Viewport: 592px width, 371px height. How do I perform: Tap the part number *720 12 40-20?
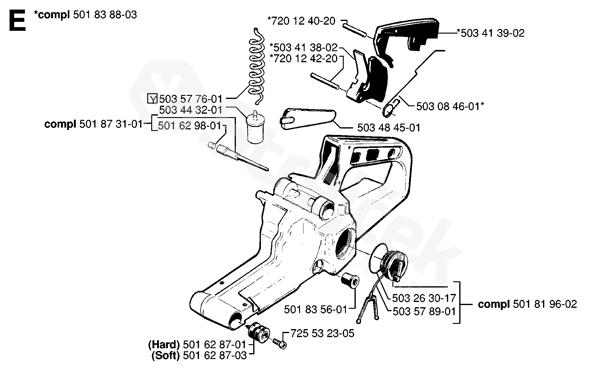coord(302,21)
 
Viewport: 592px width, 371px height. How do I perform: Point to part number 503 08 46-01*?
coord(450,106)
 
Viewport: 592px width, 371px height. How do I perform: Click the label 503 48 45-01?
coord(389,127)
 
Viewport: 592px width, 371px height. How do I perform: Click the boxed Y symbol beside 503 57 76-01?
coord(152,99)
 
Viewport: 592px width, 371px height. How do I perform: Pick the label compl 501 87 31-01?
coord(94,124)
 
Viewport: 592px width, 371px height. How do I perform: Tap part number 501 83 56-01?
coord(315,309)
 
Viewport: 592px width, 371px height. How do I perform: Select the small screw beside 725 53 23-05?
coord(280,343)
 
